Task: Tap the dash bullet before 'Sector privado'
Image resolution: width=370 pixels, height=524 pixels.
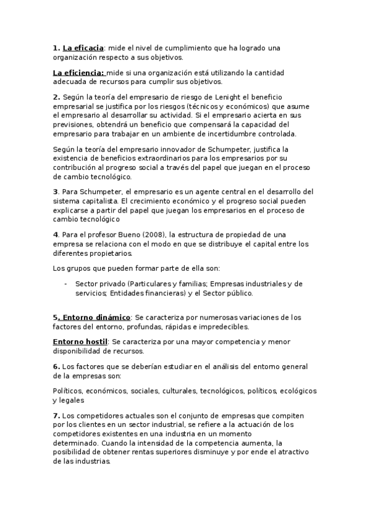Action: [x=65, y=284]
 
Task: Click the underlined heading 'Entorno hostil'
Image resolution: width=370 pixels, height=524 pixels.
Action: [x=80, y=342]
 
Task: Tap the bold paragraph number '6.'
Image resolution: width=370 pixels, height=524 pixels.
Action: [x=56, y=366]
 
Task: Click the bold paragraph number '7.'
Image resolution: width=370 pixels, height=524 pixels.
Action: [x=56, y=415]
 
